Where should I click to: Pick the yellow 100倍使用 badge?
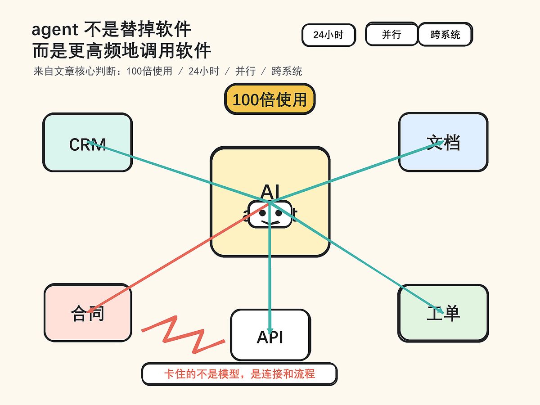click(270, 99)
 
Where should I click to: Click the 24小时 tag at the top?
click(328, 35)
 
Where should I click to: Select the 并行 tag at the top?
click(391, 35)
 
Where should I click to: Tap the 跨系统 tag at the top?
click(445, 35)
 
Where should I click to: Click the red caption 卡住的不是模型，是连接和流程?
click(239, 374)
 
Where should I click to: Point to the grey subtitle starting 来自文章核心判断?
click(167, 71)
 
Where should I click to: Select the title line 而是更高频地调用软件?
click(121, 51)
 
